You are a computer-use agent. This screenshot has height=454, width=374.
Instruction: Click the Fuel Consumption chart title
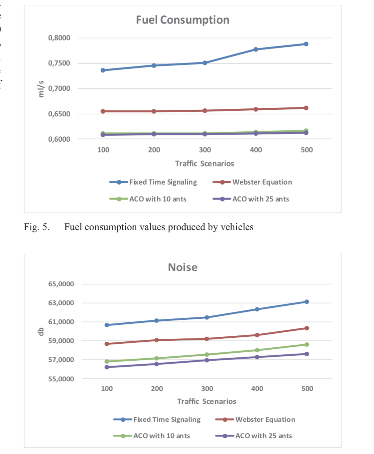pos(183,20)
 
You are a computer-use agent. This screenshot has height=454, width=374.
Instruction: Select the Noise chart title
pos(183,267)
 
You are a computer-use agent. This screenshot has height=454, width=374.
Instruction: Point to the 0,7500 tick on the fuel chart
pos(59,63)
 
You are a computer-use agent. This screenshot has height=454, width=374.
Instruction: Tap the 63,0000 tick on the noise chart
pos(61,303)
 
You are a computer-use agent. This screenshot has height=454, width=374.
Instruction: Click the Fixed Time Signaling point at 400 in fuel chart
pos(256,50)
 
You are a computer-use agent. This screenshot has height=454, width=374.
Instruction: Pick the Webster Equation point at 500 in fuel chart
pos(306,108)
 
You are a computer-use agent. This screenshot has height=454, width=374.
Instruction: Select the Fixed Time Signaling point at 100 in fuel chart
pos(103,70)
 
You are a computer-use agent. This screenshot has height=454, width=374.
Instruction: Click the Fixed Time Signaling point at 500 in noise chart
pos(307,302)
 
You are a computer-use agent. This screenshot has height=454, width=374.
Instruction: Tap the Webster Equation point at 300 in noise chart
pos(207,339)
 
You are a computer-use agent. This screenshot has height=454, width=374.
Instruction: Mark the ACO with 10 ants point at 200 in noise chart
pos(157,358)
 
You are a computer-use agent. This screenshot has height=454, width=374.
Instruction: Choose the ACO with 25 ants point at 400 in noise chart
pos(257,357)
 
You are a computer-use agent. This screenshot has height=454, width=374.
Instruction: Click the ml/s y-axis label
pos(41,89)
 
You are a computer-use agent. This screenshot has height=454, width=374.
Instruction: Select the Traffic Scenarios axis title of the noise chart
pos(206,401)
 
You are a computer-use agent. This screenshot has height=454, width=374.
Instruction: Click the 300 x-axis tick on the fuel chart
pos(205,150)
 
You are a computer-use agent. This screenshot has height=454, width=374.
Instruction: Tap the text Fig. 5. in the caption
pos(37,227)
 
